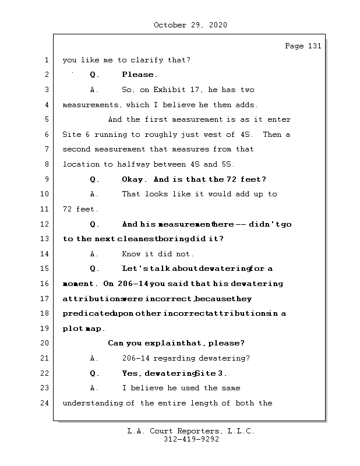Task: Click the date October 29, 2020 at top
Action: point(190,25)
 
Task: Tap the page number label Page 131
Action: point(303,47)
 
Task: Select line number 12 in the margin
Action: point(45,224)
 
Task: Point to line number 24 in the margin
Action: point(45,403)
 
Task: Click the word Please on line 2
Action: point(139,75)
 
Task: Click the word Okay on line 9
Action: point(133,179)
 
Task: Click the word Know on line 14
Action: point(131,254)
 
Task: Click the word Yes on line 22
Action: point(131,373)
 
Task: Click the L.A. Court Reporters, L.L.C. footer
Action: point(190,431)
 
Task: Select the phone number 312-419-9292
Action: point(190,440)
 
